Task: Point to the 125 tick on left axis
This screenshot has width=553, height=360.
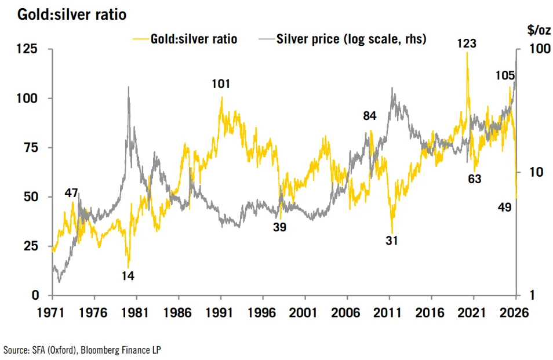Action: coord(27,49)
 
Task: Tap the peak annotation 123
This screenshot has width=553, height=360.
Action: coord(467,42)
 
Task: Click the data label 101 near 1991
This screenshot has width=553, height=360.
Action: coord(220,84)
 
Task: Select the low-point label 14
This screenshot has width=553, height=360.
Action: coord(128,276)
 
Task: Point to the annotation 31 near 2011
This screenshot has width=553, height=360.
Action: coord(392,241)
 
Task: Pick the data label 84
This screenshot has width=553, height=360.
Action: coord(369,116)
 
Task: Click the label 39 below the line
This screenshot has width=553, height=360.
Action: coord(280,227)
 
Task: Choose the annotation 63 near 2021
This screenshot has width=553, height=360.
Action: coord(474,179)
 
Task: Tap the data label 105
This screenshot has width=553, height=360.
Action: coord(505,75)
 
